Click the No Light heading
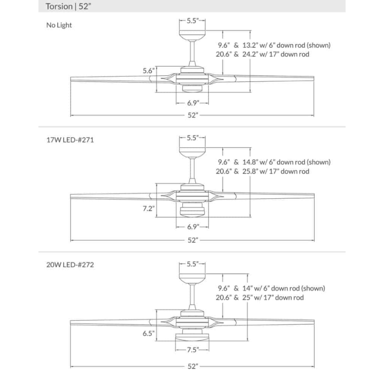pyautogui.click(x=59, y=25)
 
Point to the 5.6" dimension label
pyautogui.click(x=148, y=71)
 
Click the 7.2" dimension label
pyautogui.click(x=148, y=208)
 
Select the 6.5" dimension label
pyautogui.click(x=148, y=332)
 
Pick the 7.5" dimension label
pyautogui.click(x=192, y=349)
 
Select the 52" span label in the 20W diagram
pyautogui.click(x=192, y=366)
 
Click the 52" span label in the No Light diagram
pyautogui.click(x=192, y=116)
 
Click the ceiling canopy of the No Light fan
pyautogui.click(x=192, y=35)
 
